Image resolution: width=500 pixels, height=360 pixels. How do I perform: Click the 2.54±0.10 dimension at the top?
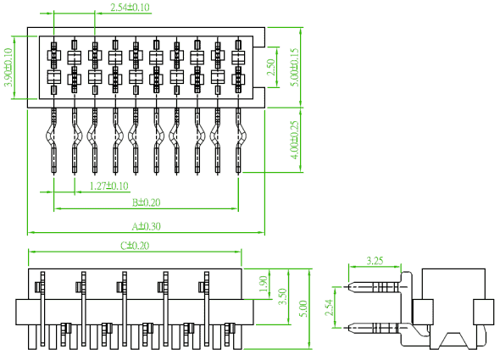click(130, 8)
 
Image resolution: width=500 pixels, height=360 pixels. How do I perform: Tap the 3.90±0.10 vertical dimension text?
click(8, 67)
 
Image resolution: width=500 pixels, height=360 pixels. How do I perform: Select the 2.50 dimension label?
click(270, 67)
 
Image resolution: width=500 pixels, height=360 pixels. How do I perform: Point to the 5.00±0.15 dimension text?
click(295, 67)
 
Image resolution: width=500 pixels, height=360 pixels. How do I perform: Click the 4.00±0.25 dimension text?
click(295, 140)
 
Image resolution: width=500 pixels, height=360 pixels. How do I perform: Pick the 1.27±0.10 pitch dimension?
click(109, 186)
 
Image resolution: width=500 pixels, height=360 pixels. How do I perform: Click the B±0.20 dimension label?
click(146, 202)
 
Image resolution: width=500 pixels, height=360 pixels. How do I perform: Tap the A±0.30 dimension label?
click(146, 226)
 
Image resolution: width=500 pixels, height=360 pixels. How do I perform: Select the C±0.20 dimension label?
click(135, 246)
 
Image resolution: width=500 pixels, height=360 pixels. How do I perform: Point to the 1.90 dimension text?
click(264, 284)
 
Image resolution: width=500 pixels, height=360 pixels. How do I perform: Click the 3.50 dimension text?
click(282, 296)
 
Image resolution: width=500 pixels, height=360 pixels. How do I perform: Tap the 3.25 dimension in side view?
click(375, 261)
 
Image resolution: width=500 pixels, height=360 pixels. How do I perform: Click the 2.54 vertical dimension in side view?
click(329, 307)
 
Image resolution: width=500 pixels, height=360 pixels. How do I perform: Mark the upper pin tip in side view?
click(349, 287)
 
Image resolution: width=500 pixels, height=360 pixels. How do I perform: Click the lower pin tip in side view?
click(349, 328)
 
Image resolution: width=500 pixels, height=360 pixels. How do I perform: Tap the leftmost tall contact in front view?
click(42, 308)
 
